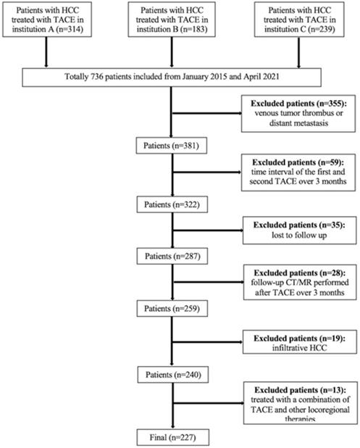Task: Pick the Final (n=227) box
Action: [x=172, y=438]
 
